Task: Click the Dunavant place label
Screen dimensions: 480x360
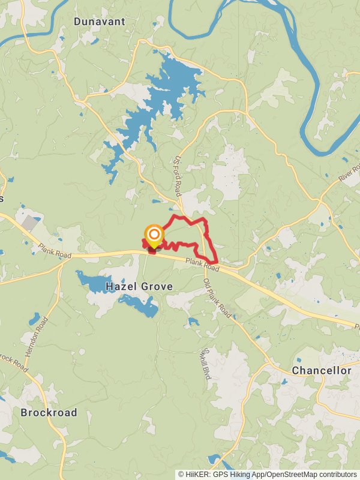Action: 100,22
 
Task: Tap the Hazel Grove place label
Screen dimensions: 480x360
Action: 139,287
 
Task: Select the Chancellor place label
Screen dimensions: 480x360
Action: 322,371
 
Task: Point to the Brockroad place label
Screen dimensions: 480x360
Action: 49,413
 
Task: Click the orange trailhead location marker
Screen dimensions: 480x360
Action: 154,235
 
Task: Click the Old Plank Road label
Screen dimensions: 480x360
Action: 217,298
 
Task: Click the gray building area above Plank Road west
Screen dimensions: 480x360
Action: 29,223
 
